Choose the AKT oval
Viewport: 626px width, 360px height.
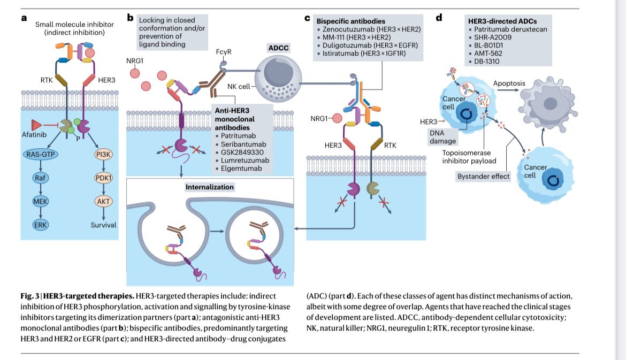(x=103, y=201)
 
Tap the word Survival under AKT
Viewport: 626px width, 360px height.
(x=103, y=225)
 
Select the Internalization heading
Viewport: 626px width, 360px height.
(x=210, y=187)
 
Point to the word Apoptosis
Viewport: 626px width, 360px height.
(x=509, y=84)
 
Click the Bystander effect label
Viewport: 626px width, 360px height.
(x=483, y=176)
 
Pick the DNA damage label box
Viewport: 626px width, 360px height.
(x=442, y=136)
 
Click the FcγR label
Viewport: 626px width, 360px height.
(x=224, y=52)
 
